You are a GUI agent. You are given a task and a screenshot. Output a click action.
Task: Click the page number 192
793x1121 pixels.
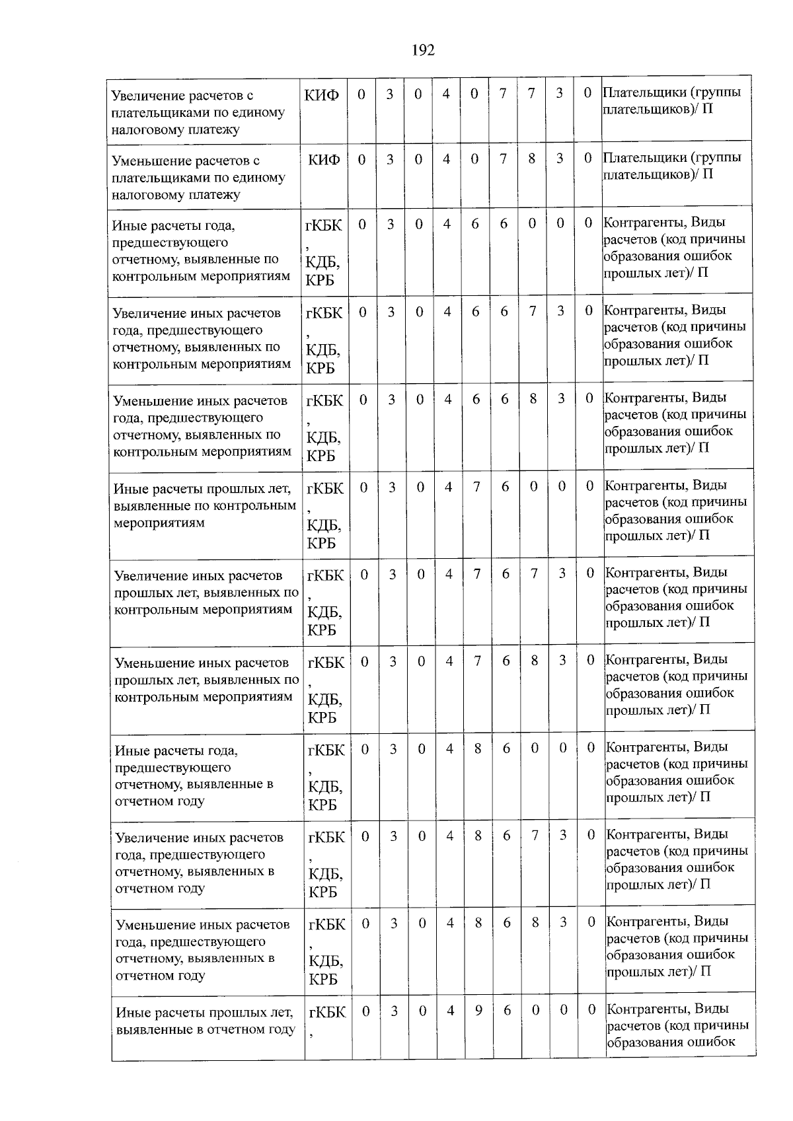423,50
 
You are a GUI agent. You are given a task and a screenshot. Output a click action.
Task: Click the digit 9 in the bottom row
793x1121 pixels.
478,1010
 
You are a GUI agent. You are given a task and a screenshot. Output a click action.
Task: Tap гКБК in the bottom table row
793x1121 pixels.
327,1012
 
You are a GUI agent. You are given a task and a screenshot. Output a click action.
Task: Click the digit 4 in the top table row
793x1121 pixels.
446,94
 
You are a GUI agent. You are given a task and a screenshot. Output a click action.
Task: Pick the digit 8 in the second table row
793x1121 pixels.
531,159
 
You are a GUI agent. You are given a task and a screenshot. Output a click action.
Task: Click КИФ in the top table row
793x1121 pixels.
322,95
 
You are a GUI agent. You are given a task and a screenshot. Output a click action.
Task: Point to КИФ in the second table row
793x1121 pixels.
324,160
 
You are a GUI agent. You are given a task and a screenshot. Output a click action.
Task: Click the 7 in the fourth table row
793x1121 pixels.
532,311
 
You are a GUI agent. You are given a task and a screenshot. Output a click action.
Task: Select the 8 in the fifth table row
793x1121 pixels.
533,399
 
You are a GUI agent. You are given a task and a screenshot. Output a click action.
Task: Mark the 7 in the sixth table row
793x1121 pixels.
476,487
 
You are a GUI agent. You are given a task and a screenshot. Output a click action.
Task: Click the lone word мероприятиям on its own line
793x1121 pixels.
159,523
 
